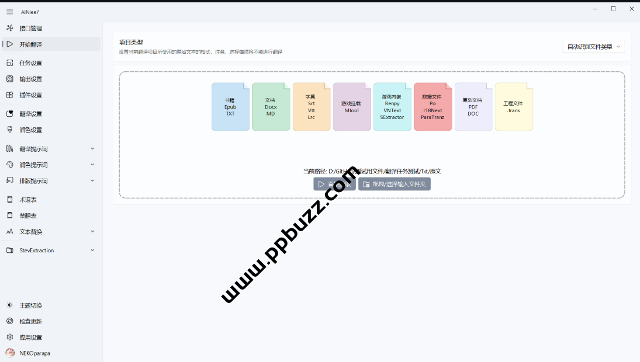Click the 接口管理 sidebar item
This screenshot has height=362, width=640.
point(30,28)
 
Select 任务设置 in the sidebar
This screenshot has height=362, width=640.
point(30,63)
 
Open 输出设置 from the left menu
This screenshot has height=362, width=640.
point(30,79)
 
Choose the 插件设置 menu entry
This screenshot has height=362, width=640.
point(30,95)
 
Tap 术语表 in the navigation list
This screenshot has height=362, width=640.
point(28,200)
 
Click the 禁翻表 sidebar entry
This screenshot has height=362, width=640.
point(28,215)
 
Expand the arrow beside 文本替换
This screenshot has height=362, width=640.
point(92,231)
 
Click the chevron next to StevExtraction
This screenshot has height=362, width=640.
point(92,250)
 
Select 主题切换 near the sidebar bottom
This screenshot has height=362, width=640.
point(30,305)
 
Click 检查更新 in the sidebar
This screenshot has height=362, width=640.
point(30,321)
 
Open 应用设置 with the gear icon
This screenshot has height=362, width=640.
point(30,337)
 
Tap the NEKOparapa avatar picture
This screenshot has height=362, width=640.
point(10,353)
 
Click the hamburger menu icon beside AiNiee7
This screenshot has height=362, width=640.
point(10,12)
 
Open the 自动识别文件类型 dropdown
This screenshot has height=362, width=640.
point(593,47)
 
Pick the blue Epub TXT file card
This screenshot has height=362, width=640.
point(230,107)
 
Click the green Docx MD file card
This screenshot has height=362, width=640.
point(271,107)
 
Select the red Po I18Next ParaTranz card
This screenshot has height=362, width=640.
point(433,107)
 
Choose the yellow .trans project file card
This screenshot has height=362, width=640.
point(514,107)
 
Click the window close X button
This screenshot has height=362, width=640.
point(631,9)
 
